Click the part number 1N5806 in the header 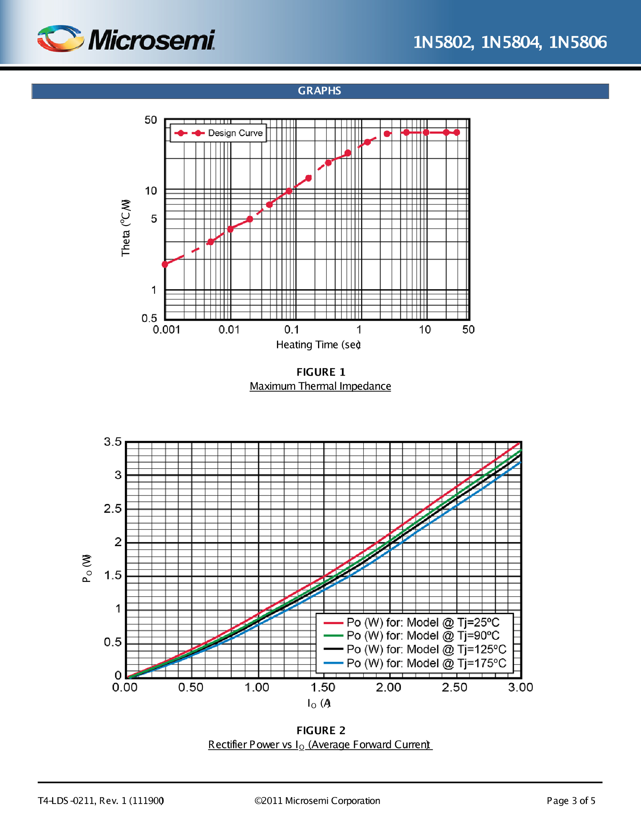[x=578, y=42]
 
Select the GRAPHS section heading [x=320, y=91]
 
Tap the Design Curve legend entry [x=218, y=133]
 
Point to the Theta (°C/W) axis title [x=126, y=228]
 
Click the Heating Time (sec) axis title [x=318, y=345]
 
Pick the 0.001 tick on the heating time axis [x=166, y=329]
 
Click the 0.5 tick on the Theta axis [x=149, y=318]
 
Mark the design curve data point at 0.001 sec [x=165, y=264]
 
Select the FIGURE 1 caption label [x=321, y=372]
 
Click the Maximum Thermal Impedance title [x=320, y=386]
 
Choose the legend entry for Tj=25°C [x=415, y=622]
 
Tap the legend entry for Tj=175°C [x=415, y=663]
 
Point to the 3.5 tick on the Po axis [x=113, y=442]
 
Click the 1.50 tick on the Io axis [x=323, y=687]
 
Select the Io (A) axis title [x=319, y=703]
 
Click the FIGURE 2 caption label [x=321, y=731]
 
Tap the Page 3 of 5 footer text [x=571, y=801]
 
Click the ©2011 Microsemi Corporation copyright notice [x=317, y=801]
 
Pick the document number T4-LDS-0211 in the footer [x=67, y=801]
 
